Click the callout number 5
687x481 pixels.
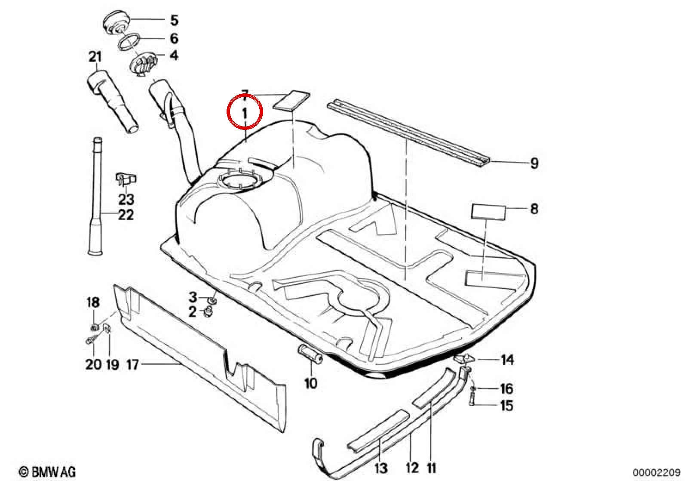pos(174,20)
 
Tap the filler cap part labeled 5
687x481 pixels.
pos(117,23)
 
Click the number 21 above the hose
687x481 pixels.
pos(95,57)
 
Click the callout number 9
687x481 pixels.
pos(534,163)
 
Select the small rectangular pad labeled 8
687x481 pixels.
pos(488,212)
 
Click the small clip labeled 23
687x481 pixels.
pos(126,179)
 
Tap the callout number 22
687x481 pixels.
pos(126,215)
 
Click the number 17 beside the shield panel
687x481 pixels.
pos(132,365)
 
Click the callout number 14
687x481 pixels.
pos(508,359)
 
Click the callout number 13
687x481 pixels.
pos(381,469)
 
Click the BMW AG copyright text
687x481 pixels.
pos(47,472)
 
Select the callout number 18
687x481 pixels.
pos(93,302)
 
